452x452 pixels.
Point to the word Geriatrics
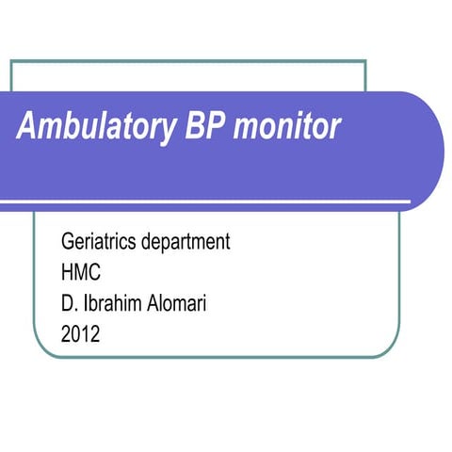tap(100, 241)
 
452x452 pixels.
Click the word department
tap(187, 242)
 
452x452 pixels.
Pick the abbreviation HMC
tap(80, 271)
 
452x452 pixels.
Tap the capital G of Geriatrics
tap(66, 241)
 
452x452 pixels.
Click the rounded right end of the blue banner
tap(436, 151)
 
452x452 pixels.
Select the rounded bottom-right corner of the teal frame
tap(382, 349)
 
